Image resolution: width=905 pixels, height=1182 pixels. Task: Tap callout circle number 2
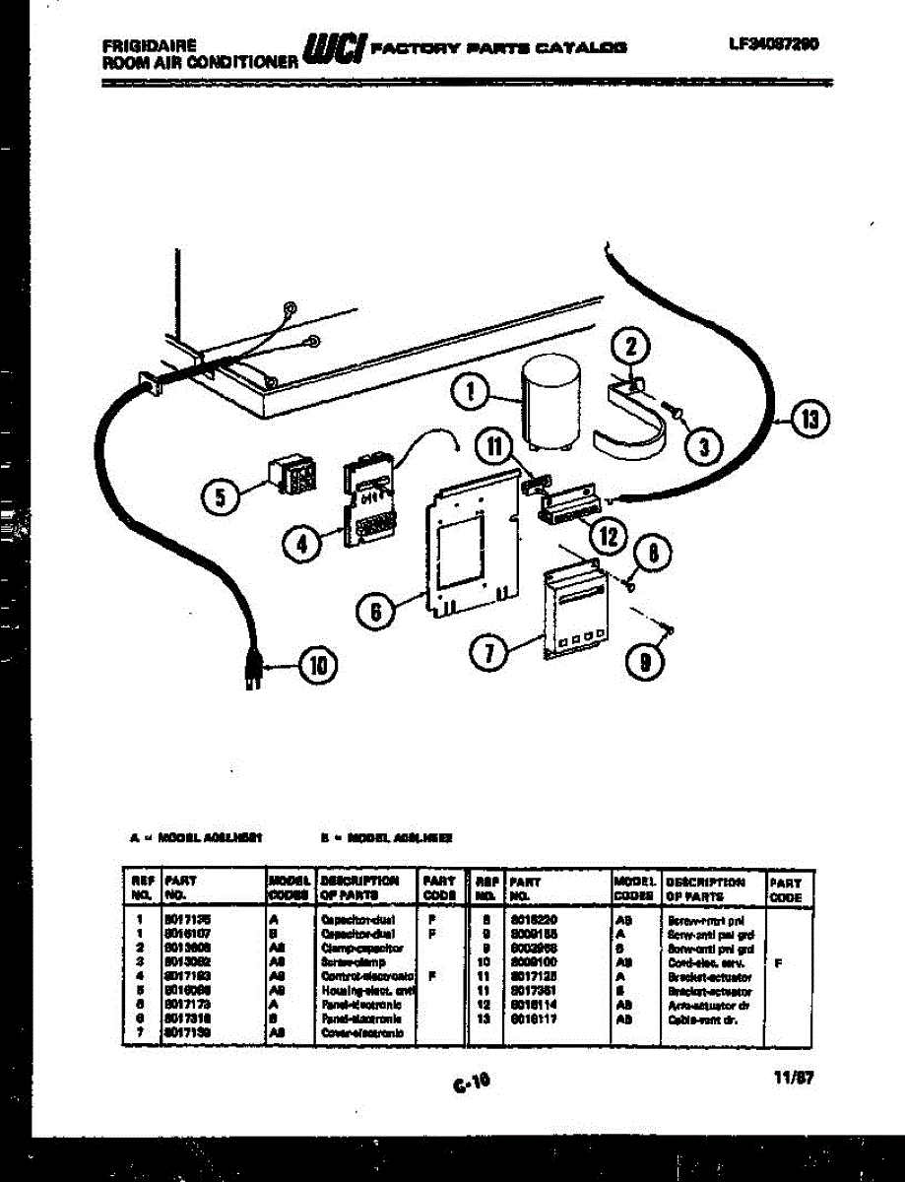point(632,347)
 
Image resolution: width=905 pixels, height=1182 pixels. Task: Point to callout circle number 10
point(317,667)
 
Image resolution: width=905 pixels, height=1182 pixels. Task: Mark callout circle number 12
point(609,536)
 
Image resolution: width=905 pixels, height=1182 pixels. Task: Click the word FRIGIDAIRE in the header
point(149,44)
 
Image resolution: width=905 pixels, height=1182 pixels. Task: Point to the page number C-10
point(472,1083)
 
